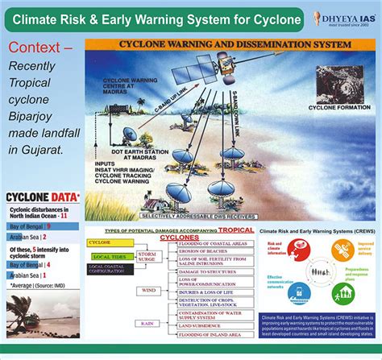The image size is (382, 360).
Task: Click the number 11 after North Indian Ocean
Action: point(64,217)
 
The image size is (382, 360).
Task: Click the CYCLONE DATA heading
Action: point(42,197)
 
